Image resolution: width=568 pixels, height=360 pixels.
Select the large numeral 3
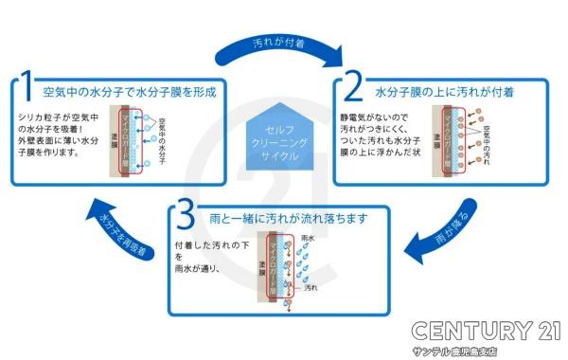click(186, 214)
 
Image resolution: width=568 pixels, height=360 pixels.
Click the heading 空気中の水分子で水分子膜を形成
click(131, 93)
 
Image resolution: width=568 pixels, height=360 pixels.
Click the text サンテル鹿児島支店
click(485, 351)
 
